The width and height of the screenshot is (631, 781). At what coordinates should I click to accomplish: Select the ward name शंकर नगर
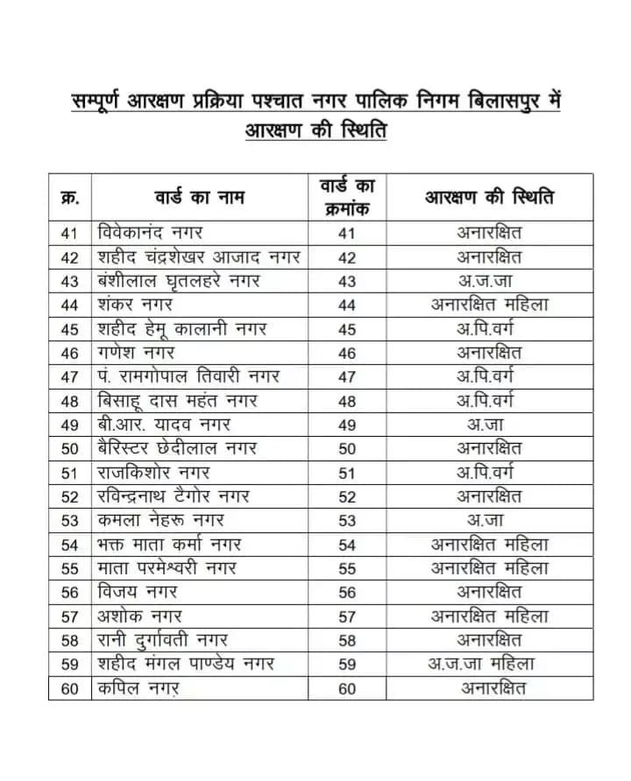pos(136,305)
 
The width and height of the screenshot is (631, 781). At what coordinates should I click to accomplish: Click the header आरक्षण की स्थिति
pos(489,197)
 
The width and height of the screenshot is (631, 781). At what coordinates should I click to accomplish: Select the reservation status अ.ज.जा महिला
pos(489,664)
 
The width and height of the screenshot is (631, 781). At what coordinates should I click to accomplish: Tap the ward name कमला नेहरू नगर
pos(161,520)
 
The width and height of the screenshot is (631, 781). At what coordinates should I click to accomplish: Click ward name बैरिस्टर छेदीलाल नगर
pos(178,448)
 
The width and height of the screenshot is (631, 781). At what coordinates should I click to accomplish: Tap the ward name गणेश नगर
pos(137,353)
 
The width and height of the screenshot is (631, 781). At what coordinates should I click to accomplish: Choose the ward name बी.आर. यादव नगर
pos(164,425)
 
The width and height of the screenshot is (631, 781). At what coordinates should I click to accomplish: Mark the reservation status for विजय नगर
pos(489,592)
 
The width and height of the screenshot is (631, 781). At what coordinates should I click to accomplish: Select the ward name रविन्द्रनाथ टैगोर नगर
pos(174,496)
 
